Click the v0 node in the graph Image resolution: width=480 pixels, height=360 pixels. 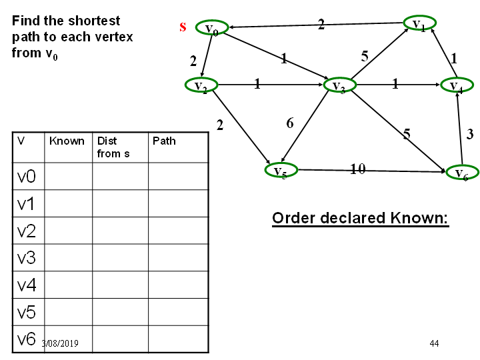212,28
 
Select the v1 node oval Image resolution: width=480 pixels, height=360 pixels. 420,23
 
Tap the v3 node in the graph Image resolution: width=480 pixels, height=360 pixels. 340,85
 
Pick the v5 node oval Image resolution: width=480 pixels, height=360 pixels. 281,170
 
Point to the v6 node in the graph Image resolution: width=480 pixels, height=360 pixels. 462,173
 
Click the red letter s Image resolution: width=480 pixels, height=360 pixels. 183,27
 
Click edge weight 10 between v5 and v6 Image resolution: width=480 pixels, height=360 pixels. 357,169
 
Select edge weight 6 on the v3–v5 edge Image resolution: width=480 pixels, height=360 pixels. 290,123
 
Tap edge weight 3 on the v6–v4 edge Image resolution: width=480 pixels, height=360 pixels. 470,134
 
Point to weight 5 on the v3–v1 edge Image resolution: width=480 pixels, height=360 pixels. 364,56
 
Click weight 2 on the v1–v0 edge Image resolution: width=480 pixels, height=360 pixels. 321,25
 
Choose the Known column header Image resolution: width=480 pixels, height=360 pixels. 67,141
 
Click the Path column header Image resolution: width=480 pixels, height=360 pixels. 164,141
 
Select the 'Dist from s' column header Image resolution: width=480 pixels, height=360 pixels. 113,147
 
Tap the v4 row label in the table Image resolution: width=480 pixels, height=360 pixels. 27,285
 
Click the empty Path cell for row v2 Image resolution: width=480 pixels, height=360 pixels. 179,231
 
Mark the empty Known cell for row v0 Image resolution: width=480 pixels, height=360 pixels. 69,176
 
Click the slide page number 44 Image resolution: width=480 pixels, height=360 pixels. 434,343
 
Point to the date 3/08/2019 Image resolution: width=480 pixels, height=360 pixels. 60,343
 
